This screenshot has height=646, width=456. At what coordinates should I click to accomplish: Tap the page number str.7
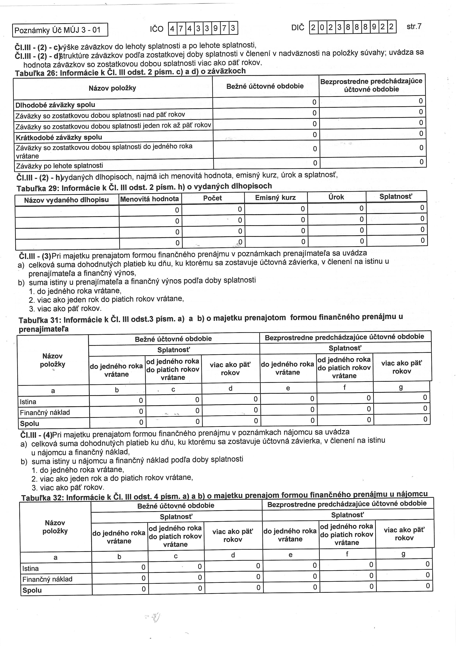click(414, 27)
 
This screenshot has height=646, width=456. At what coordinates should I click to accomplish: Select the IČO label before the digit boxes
click(156, 29)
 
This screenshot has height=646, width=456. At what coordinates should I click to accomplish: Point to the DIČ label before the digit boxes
click(298, 28)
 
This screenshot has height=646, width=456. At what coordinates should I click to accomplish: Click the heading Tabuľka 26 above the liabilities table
click(130, 72)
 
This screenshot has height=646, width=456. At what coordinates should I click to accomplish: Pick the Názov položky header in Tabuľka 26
click(112, 88)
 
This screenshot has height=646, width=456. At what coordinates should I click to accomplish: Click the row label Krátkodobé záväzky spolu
click(59, 137)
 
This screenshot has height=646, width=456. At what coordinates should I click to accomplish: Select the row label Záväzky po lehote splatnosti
click(59, 165)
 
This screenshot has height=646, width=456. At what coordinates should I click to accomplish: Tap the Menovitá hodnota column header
click(149, 199)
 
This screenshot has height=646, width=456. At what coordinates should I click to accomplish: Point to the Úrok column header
click(336, 197)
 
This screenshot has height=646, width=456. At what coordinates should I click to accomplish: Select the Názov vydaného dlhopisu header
click(66, 200)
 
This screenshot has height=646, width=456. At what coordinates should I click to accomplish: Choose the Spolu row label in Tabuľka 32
click(32, 590)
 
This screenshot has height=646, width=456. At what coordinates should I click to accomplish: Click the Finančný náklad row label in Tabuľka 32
click(47, 579)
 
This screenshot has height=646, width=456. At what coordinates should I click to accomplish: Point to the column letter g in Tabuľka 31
click(401, 387)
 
